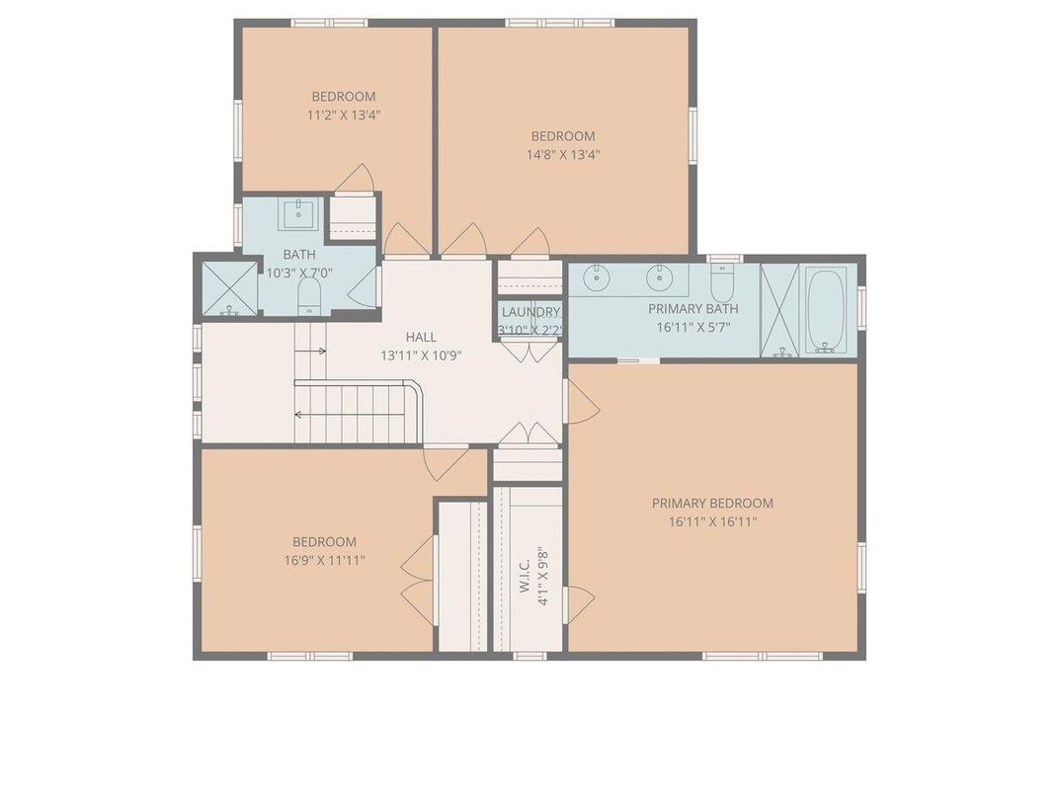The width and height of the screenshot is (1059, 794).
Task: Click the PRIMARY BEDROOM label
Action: tap(712, 503)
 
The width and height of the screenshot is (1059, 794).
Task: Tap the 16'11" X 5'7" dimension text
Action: tap(692, 328)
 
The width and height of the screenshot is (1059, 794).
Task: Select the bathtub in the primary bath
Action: tap(825, 310)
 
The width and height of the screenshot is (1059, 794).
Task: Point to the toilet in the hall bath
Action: tap(308, 295)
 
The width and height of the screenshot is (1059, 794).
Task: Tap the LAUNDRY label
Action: tap(530, 312)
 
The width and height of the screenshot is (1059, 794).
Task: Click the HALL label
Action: tap(421, 337)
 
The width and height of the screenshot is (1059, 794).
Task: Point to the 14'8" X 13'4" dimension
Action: tap(563, 155)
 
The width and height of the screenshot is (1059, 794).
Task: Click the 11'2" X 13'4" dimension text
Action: tap(344, 115)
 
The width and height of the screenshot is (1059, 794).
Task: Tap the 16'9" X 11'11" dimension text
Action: tap(324, 560)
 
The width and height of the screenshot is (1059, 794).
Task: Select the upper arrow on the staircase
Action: tap(311, 352)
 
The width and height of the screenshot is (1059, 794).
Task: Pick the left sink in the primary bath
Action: tap(596, 278)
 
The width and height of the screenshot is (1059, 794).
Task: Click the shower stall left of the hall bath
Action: tap(229, 287)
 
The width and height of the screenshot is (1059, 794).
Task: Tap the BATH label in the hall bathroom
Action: tap(299, 255)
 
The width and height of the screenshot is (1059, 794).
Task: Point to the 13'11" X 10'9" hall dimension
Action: tap(421, 356)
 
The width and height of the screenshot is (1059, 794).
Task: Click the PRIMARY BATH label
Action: tap(692, 309)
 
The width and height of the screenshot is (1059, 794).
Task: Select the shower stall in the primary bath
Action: tap(779, 310)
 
